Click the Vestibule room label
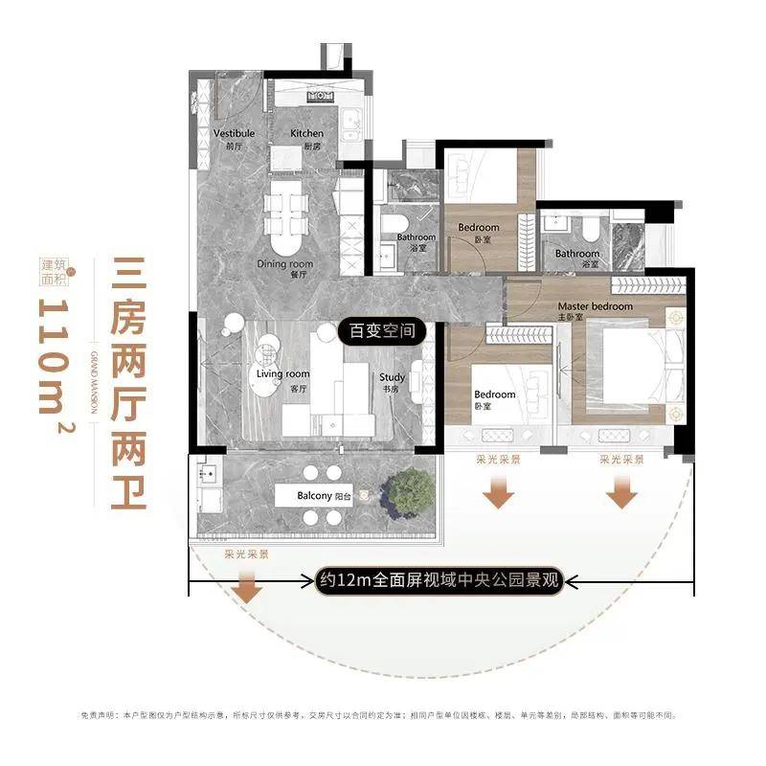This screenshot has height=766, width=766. tap(234, 133)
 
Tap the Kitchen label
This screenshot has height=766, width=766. tap(307, 133)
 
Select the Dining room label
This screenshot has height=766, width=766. tap(284, 263)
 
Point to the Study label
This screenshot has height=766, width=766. tap(393, 377)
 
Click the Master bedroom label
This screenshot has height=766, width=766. tap(596, 306)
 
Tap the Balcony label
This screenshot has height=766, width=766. tap(315, 497)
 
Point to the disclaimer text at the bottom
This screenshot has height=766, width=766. tap(383, 715)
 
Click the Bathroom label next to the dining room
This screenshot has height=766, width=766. tap(416, 237)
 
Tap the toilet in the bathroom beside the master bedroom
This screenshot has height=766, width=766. tap(591, 227)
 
